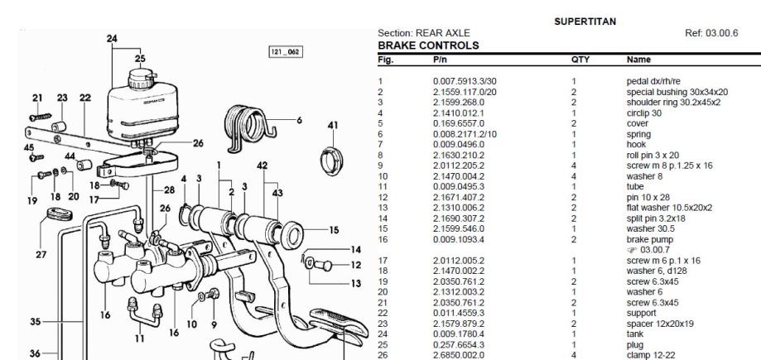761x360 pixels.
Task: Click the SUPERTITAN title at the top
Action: click(585, 22)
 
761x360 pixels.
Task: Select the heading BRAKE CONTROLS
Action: click(428, 46)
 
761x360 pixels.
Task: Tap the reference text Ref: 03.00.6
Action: click(711, 33)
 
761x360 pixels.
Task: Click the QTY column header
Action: click(580, 60)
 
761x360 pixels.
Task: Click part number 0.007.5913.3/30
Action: click(465, 81)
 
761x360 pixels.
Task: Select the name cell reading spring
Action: click(638, 134)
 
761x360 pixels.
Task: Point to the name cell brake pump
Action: click(650, 240)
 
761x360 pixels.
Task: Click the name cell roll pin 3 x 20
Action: click(653, 156)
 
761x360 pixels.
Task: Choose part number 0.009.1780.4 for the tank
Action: click(458, 334)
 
